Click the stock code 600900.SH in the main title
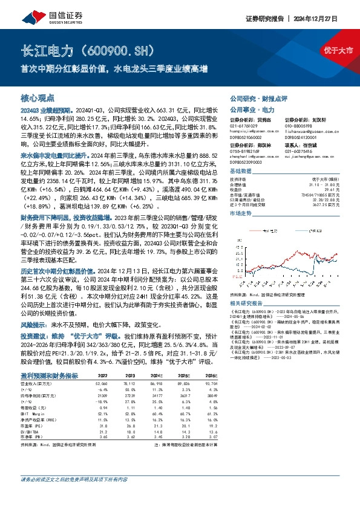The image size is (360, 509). coord(115,49)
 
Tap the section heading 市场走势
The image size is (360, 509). coord(241,214)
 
